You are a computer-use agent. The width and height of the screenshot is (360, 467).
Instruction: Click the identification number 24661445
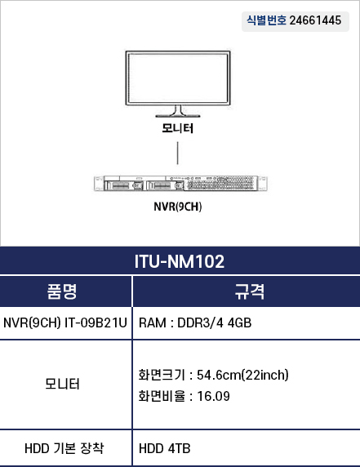point(315,20)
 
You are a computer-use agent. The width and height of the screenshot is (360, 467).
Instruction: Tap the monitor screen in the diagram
point(178,78)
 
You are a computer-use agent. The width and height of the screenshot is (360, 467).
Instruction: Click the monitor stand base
point(178,115)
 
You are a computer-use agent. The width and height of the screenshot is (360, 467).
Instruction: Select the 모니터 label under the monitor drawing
point(178,128)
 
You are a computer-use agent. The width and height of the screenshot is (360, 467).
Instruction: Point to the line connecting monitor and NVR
point(178,153)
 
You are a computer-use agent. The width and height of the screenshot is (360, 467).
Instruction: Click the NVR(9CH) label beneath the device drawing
point(178,207)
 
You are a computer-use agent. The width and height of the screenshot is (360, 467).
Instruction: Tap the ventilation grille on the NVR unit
point(220,183)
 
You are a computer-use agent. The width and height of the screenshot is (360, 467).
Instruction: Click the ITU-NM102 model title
point(180,261)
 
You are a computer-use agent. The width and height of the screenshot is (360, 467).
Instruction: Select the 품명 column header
point(62,291)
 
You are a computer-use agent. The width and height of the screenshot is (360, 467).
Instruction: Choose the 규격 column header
point(250,291)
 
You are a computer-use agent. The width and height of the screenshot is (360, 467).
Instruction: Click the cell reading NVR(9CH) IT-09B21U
point(65,322)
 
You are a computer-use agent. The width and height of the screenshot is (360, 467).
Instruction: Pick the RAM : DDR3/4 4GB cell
point(195,322)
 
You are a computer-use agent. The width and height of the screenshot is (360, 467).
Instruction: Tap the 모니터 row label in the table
point(62,384)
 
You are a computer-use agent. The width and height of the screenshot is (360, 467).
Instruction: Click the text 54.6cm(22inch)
point(242,375)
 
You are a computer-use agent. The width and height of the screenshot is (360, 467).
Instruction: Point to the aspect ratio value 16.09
point(214,396)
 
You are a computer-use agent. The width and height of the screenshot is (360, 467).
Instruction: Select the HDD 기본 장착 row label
point(64,448)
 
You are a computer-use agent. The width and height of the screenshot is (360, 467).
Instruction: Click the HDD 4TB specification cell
point(165,448)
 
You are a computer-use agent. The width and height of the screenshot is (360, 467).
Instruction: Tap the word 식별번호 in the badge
point(266,20)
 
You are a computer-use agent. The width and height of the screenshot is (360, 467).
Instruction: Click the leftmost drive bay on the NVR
point(124,185)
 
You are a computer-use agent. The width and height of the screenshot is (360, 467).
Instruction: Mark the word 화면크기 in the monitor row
point(162,375)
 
